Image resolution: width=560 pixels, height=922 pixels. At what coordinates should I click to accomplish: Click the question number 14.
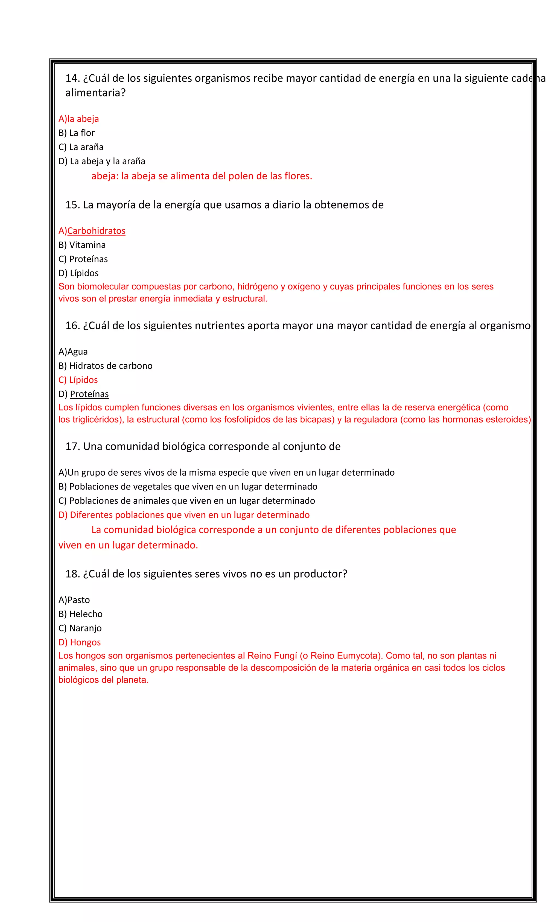pos(72,78)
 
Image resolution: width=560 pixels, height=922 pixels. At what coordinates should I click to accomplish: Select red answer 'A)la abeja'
pos(78,119)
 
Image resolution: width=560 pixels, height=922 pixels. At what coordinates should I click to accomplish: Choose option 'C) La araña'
pos(81,147)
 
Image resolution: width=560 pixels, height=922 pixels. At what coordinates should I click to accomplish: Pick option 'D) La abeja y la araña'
pos(101,161)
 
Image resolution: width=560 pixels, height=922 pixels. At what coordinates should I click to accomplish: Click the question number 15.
pos(72,205)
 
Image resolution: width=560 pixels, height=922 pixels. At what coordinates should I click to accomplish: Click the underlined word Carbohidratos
pos(96,231)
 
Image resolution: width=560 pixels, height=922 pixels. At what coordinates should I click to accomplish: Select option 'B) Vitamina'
pos(82,245)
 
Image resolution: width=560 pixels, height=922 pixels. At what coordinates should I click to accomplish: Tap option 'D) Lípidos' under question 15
pos(78,273)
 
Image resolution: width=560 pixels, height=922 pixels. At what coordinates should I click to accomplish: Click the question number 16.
pos(72,326)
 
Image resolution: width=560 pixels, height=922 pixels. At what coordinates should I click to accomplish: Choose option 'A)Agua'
pos(73,352)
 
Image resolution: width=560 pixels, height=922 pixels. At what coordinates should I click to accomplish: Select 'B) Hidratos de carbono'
pos(105,366)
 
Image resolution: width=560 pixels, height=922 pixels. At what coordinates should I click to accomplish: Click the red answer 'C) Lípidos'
pos(78,380)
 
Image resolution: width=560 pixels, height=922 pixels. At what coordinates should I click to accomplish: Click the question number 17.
pos(72,447)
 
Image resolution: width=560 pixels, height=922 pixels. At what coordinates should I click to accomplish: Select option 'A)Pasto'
pos(74,600)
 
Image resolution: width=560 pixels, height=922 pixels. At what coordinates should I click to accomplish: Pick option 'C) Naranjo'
pos(80,628)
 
